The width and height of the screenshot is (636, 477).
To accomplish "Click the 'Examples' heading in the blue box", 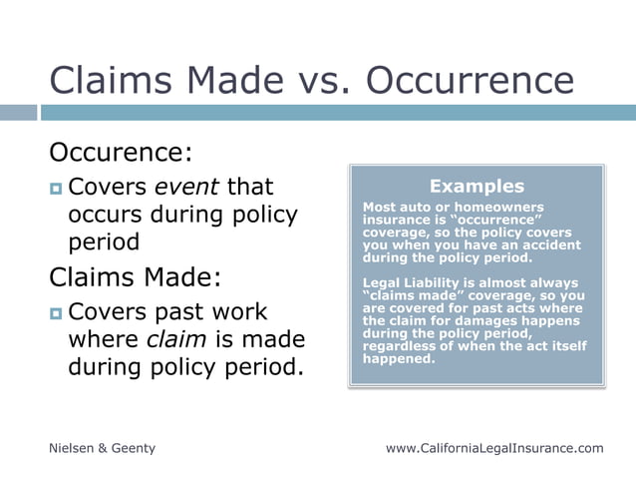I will [477, 186].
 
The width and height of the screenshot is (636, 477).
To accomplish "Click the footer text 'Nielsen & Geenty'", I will [103, 448].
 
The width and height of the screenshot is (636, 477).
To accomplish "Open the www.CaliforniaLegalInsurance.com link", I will [494, 448].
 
